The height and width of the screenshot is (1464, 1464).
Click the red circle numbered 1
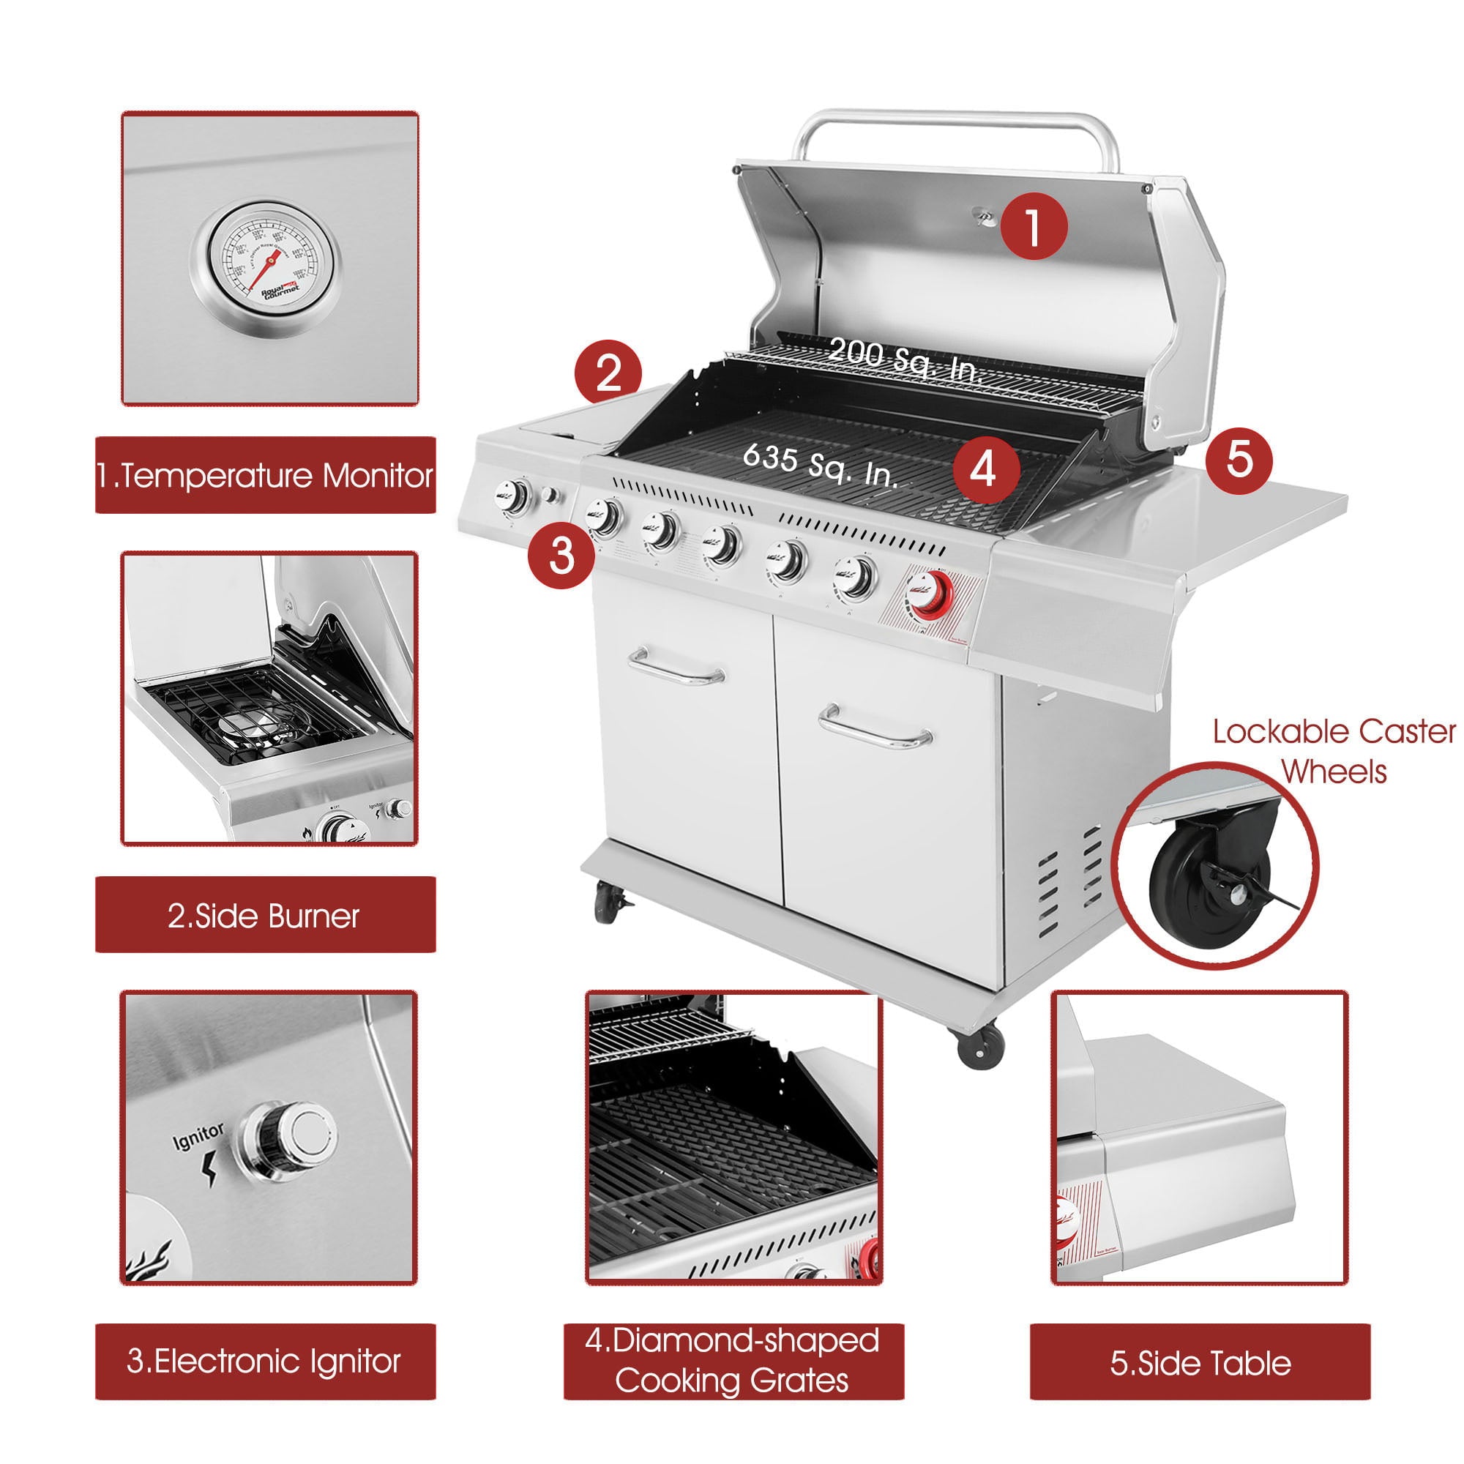click(x=1034, y=225)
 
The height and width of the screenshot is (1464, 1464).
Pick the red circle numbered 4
click(x=983, y=469)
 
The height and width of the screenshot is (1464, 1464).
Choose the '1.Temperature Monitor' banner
click(x=265, y=475)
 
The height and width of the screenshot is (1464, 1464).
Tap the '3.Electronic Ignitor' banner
click(x=265, y=1361)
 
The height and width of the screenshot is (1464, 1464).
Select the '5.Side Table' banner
click(x=1200, y=1362)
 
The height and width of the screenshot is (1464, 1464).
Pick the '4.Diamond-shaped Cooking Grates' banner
click(x=733, y=1361)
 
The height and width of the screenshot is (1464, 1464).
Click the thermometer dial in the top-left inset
click(x=265, y=258)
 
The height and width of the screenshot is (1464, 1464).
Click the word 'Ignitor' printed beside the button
click(x=198, y=1137)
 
